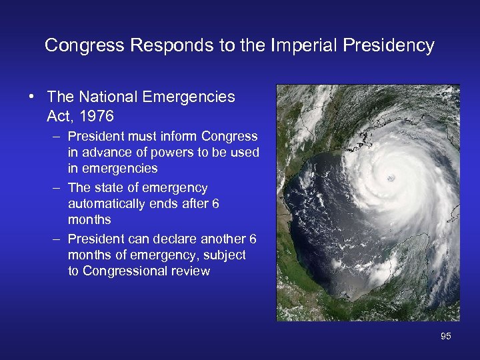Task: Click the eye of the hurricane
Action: click(391, 178)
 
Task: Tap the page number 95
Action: click(445, 337)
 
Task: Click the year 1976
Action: click(97, 117)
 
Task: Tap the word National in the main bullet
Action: click(107, 97)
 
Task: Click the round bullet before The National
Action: click(32, 97)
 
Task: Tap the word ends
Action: click(165, 203)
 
